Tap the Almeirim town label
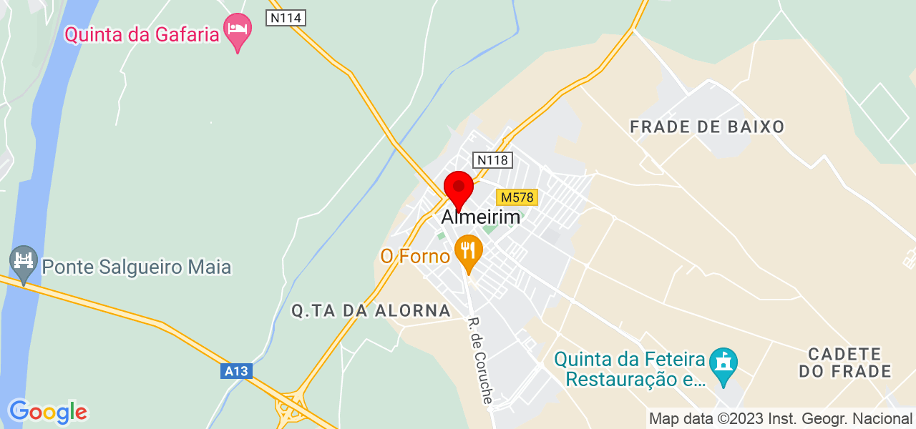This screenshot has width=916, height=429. (x=481, y=217)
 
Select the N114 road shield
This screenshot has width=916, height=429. (x=286, y=18)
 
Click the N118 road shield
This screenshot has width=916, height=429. (x=493, y=160)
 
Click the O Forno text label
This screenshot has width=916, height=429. (x=414, y=256)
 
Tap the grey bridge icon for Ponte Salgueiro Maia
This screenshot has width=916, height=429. (x=24, y=263)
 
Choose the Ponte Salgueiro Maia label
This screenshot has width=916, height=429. (x=137, y=267)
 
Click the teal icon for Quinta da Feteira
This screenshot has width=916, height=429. (x=723, y=365)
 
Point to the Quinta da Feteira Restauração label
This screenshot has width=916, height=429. (x=630, y=368)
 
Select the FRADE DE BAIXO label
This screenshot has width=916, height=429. (x=707, y=127)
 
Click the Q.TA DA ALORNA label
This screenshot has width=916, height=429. (x=371, y=310)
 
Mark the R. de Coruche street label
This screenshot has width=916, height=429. (x=480, y=360)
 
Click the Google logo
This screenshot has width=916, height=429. (x=47, y=412)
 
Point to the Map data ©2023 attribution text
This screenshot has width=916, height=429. (x=780, y=418)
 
